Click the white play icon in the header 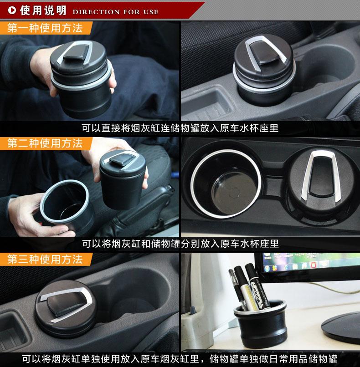click(x=12, y=10)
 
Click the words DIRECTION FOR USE click(x=115, y=12)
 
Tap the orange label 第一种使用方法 click(x=45, y=28)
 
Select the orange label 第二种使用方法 click(x=45, y=143)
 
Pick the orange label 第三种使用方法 click(x=45, y=260)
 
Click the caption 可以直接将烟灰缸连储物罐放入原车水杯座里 click(x=180, y=128)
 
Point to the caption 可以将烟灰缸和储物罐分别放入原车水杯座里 click(x=180, y=244)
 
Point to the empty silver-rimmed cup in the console click(x=226, y=183)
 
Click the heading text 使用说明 click(x=43, y=10)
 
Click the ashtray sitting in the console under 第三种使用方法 click(x=65, y=307)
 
